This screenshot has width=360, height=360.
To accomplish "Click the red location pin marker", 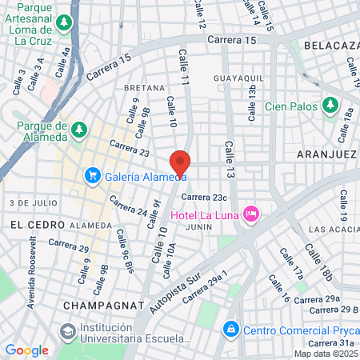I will [180, 162].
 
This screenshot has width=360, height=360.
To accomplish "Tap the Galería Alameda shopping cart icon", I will [93, 176].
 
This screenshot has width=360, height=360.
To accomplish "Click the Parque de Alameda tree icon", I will [78, 129].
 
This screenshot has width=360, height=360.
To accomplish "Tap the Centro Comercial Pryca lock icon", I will [231, 328].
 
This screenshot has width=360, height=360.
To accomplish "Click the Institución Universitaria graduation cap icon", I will [67, 330].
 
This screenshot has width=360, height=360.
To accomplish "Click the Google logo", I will [26, 350].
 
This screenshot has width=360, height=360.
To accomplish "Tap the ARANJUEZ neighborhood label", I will [326, 153].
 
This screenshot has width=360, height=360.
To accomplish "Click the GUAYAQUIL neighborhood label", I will [238, 78].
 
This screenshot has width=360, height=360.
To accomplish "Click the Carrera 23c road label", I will [205, 197].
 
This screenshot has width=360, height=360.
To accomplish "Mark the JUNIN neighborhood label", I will [198, 227].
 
